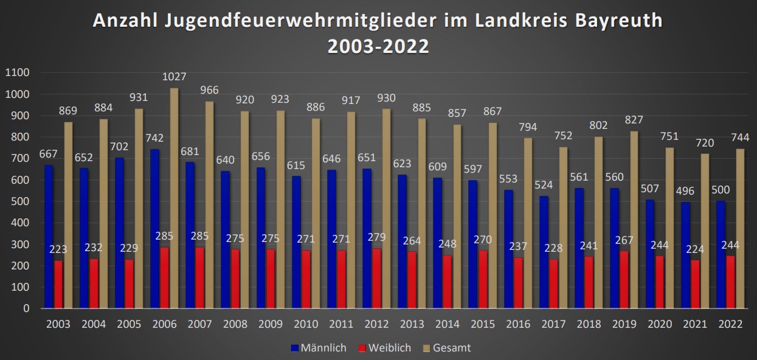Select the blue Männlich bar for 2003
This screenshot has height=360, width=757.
coord(49,237)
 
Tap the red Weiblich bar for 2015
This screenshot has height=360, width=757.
coord(483,279)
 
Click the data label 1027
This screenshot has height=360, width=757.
coord(174,77)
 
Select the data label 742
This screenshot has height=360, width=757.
coord(155,138)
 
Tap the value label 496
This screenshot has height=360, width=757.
coord(685,191)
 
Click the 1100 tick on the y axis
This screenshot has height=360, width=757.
coord(17,73)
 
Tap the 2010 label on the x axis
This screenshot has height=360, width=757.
coord(306,324)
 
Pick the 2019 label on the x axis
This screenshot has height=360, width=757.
coord(624,324)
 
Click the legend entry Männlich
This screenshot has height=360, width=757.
coord(319,348)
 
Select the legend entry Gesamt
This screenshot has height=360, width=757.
coord(446,348)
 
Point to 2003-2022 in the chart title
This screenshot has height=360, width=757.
coord(378,47)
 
